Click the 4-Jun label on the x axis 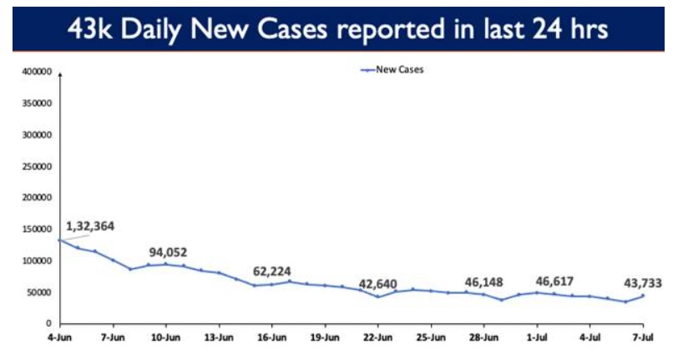pos(59,338)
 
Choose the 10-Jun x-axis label pos(165,338)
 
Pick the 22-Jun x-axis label pos(377,338)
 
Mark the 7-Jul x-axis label pos(642,338)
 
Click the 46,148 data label pos(483,281)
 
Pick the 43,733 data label pos(642,283)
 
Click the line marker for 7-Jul pos(643,296)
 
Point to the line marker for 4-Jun pos(59,241)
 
